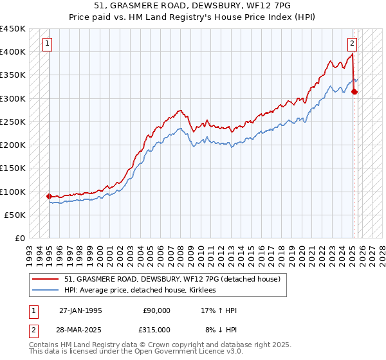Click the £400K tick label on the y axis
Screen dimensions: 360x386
13,51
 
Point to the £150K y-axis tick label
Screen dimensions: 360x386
13,168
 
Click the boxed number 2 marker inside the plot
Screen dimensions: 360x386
353,44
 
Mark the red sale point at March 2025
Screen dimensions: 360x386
354,91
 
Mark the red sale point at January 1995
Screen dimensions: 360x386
49,196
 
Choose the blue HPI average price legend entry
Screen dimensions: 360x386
142,291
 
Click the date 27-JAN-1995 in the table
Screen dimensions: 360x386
80,310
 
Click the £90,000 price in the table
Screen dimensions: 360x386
156,310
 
